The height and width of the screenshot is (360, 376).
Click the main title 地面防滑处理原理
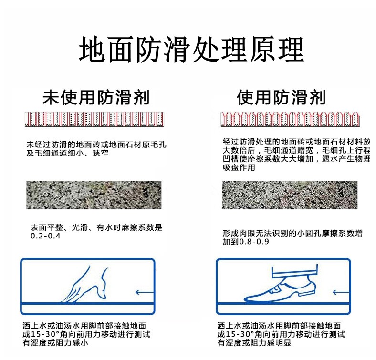(191, 50)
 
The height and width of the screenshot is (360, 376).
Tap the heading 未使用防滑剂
(96, 97)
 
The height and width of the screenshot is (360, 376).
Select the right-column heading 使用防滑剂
(281, 97)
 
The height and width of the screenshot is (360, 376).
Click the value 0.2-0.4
(45, 236)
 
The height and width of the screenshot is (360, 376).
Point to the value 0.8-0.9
(254, 242)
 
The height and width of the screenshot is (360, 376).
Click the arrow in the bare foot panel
(145, 292)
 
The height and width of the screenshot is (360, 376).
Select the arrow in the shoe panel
(341, 292)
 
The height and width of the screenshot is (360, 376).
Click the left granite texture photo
(94, 195)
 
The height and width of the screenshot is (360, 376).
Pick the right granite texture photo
(290, 195)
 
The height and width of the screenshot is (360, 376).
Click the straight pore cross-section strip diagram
(94, 119)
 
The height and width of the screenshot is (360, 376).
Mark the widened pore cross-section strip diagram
(290, 119)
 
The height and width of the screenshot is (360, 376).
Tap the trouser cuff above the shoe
(295, 271)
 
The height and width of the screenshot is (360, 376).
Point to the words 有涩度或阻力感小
(55, 343)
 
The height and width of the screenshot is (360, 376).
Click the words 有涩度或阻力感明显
(254, 343)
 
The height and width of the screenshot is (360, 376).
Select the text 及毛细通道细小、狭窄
(67, 153)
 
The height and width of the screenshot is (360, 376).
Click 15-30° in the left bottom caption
(45, 334)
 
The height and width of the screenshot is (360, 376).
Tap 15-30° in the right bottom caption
(240, 334)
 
